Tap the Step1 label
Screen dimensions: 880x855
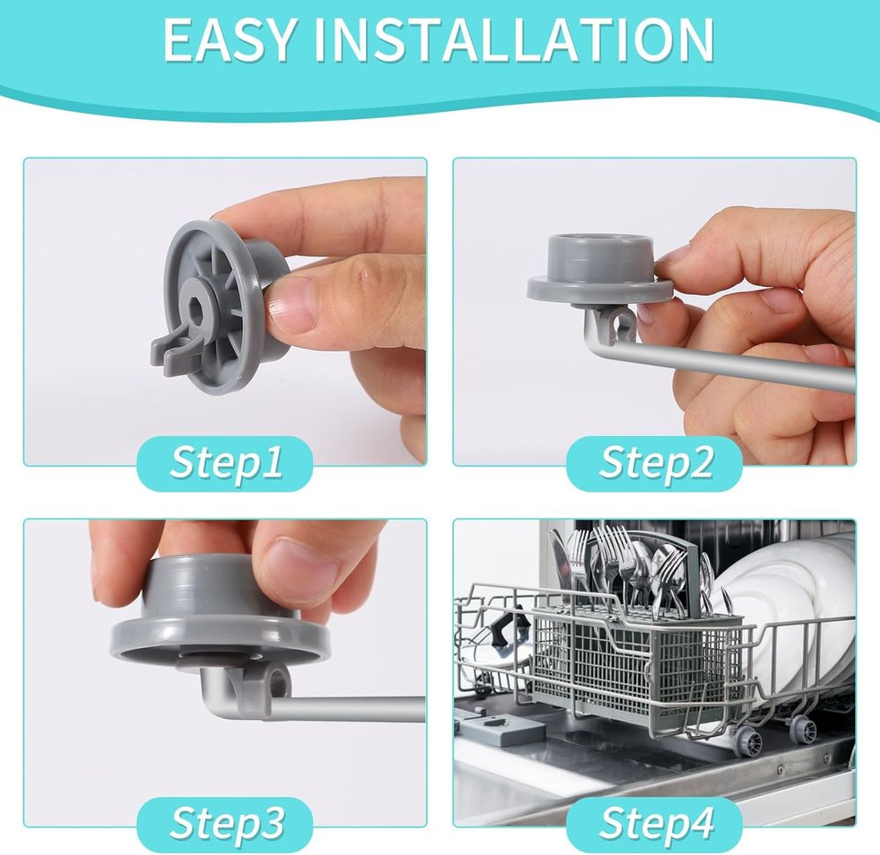(x=225, y=462)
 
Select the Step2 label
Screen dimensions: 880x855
(x=656, y=462)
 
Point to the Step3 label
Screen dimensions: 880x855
(x=226, y=823)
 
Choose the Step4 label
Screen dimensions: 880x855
(x=656, y=823)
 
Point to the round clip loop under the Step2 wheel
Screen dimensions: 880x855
(x=620, y=325)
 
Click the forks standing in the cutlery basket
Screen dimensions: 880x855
(x=618, y=567)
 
